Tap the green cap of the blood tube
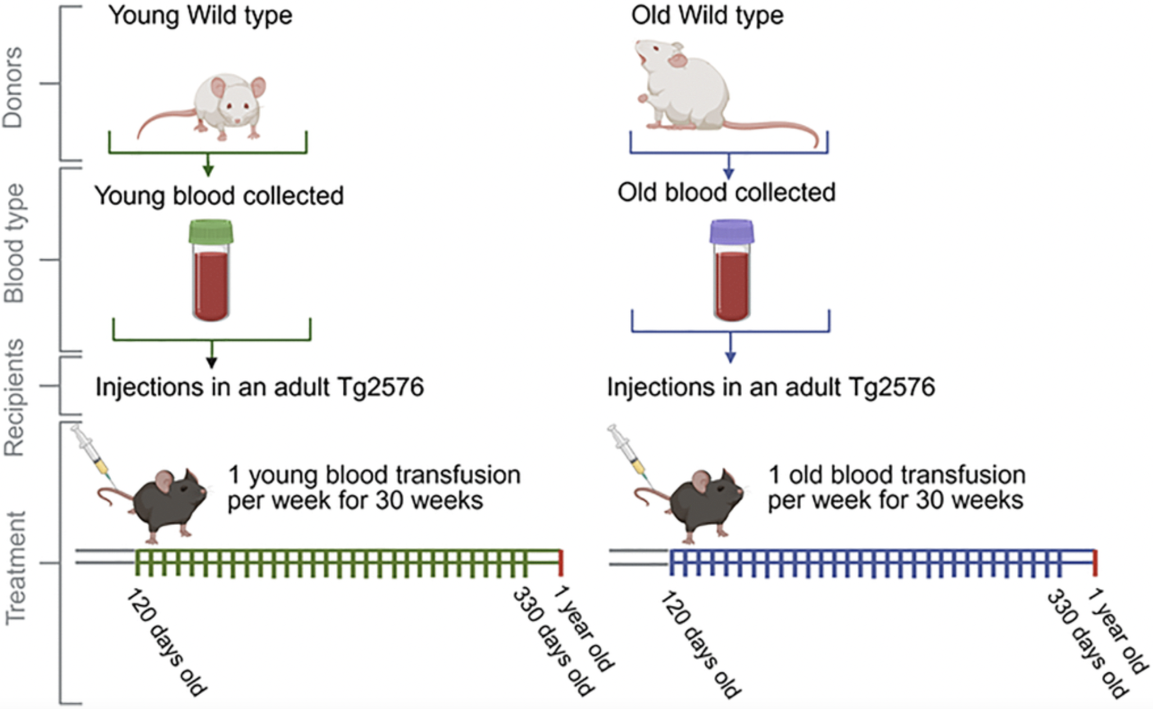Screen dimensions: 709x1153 click(x=211, y=232)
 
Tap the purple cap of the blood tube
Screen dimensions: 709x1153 click(x=732, y=232)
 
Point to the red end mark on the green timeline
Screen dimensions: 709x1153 click(x=561, y=563)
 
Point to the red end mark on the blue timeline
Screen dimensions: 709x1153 click(x=1095, y=563)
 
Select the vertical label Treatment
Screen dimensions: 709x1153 click(x=15, y=568)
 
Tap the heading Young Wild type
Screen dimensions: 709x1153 click(x=200, y=15)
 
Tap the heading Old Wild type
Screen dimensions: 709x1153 click(x=707, y=15)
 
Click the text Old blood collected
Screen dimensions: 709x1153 click(x=726, y=193)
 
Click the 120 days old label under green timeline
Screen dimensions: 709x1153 click(x=166, y=643)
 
